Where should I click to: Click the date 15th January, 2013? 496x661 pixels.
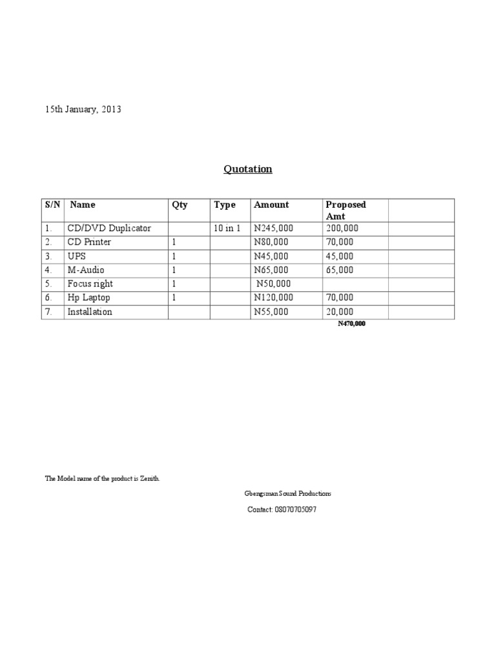[x=83, y=110]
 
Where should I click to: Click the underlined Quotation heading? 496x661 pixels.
[x=248, y=169]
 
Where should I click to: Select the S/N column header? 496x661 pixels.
[x=52, y=205]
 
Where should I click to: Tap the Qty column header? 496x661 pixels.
[x=180, y=205]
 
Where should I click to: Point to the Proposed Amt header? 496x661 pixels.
[x=346, y=210]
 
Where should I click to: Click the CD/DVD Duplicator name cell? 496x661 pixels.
[x=108, y=228]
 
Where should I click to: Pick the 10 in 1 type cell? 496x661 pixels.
[x=227, y=228]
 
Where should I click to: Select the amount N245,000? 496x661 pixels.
[x=274, y=228]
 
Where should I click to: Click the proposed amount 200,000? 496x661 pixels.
[x=342, y=228]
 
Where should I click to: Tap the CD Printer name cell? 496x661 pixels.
[x=89, y=241]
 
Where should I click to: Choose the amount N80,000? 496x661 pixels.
[x=272, y=241]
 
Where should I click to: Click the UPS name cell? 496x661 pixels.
[x=77, y=256]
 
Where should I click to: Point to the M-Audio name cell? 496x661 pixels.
[x=86, y=270]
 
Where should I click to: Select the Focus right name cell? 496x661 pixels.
[x=90, y=283]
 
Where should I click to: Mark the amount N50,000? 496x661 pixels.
[x=274, y=283]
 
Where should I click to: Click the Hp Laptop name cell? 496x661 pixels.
[x=88, y=298]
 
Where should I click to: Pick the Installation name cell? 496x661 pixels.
[x=90, y=312]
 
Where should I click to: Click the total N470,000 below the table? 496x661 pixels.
[x=351, y=324]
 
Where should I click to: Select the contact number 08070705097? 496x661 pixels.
[x=282, y=510]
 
